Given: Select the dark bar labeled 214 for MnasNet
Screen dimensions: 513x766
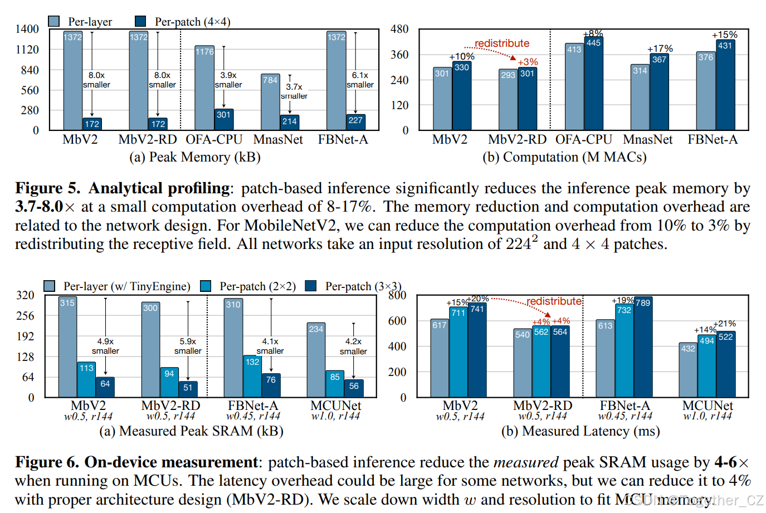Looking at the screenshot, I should pos(290,122).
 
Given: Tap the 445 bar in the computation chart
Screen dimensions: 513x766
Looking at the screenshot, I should pos(593,84).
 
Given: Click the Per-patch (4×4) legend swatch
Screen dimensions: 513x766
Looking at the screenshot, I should pos(140,21).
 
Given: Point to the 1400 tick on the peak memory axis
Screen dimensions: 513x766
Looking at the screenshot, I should pos(27,29).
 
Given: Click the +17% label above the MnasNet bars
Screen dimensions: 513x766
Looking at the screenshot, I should pos(660,49).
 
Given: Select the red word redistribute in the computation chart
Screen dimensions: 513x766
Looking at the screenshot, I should pos(502,43).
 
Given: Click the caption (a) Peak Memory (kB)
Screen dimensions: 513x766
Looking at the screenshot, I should pos(195,157).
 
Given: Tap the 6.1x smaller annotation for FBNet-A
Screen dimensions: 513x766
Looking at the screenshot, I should pos(360,80).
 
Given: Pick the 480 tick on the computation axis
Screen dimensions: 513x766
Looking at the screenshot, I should pos(399,29).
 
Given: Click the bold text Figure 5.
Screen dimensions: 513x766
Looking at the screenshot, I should pos(47,188).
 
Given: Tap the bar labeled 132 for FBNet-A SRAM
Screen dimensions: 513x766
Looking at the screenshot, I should pos(252,376).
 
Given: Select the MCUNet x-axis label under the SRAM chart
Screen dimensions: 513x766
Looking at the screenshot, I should pos(335,405).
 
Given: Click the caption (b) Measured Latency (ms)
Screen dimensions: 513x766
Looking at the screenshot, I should pos(580,431).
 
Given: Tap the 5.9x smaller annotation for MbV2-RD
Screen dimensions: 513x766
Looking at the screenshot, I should pos(188,346).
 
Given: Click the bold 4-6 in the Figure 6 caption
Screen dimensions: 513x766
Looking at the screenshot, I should pos(726,462).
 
